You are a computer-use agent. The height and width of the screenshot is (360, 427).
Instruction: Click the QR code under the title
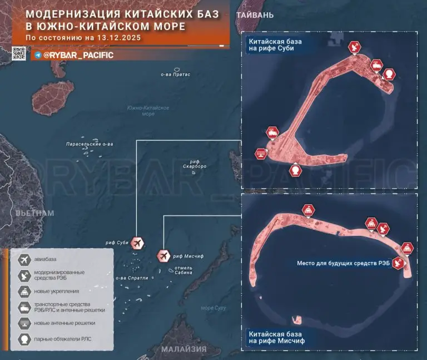pyautogui.click(x=19, y=53)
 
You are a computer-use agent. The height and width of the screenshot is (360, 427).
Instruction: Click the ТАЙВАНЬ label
pyautogui.click(x=255, y=15)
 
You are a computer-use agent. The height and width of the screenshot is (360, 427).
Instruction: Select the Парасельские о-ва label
pyautogui.click(x=90, y=144)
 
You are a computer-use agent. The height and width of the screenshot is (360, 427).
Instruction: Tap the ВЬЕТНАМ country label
pyautogui.click(x=35, y=213)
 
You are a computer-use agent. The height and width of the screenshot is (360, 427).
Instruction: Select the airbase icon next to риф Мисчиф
pyautogui.click(x=164, y=255)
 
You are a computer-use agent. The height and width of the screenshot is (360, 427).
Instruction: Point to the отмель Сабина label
pyautogui.click(x=183, y=270)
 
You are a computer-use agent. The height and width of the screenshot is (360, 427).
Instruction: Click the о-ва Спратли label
pyautogui.click(x=132, y=278)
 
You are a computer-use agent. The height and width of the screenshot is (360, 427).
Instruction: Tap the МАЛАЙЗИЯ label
pyautogui.click(x=185, y=349)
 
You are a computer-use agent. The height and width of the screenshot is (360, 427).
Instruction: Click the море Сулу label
pyautogui.click(x=215, y=308)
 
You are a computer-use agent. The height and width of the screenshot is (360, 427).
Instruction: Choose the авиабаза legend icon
pyautogui.click(x=24, y=259)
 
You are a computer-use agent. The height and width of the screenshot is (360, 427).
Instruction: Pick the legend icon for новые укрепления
pyautogui.click(x=24, y=291)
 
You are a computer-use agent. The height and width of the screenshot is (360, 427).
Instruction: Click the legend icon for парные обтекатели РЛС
pyautogui.click(x=24, y=339)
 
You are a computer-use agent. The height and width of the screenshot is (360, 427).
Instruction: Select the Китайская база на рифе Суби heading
pyautogui.click(x=274, y=45)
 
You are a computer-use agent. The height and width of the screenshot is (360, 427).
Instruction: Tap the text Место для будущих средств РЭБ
pyautogui.click(x=343, y=263)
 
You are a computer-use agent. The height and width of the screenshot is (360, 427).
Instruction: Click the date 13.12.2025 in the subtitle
pyautogui.click(x=117, y=38)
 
